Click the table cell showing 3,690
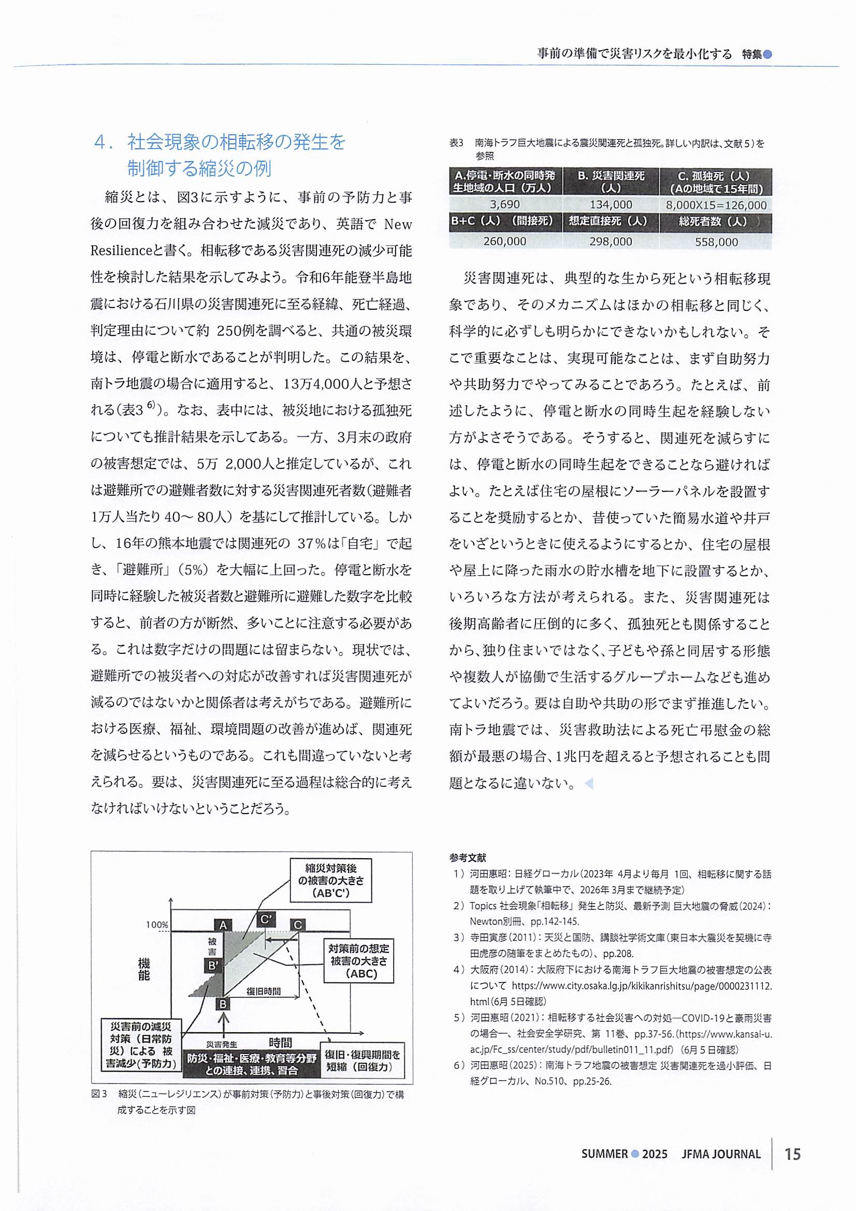click(x=504, y=205)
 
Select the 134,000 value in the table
click(x=611, y=205)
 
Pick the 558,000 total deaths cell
click(x=716, y=241)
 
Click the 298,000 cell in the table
click(x=611, y=241)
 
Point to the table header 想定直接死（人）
click(x=611, y=222)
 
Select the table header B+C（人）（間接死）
click(x=504, y=222)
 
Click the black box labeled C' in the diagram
click(x=266, y=919)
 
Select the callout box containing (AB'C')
click(x=330, y=880)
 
